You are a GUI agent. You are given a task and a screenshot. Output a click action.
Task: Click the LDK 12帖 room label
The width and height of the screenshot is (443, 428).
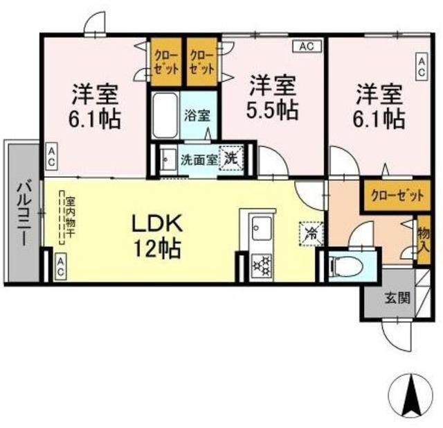(157, 236)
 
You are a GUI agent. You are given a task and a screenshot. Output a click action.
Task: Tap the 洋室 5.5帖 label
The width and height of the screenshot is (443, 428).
(272, 97)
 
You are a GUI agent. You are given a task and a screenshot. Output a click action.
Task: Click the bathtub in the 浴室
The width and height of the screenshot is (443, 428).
(165, 115)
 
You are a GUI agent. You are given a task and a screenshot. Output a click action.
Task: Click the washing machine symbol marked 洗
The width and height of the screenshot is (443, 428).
(232, 158)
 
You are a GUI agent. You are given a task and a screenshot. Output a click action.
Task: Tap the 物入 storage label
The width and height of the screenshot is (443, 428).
(424, 240)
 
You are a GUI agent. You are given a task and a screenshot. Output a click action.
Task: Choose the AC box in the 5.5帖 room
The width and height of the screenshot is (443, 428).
(307, 46)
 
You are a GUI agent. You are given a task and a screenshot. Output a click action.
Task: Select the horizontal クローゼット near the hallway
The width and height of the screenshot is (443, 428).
(397, 196)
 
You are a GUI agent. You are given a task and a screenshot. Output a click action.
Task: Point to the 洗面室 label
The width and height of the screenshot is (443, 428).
(199, 160)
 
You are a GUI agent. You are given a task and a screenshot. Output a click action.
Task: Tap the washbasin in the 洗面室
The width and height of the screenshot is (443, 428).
(168, 160)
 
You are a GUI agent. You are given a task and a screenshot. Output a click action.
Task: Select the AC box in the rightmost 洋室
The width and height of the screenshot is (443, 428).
(422, 67)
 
